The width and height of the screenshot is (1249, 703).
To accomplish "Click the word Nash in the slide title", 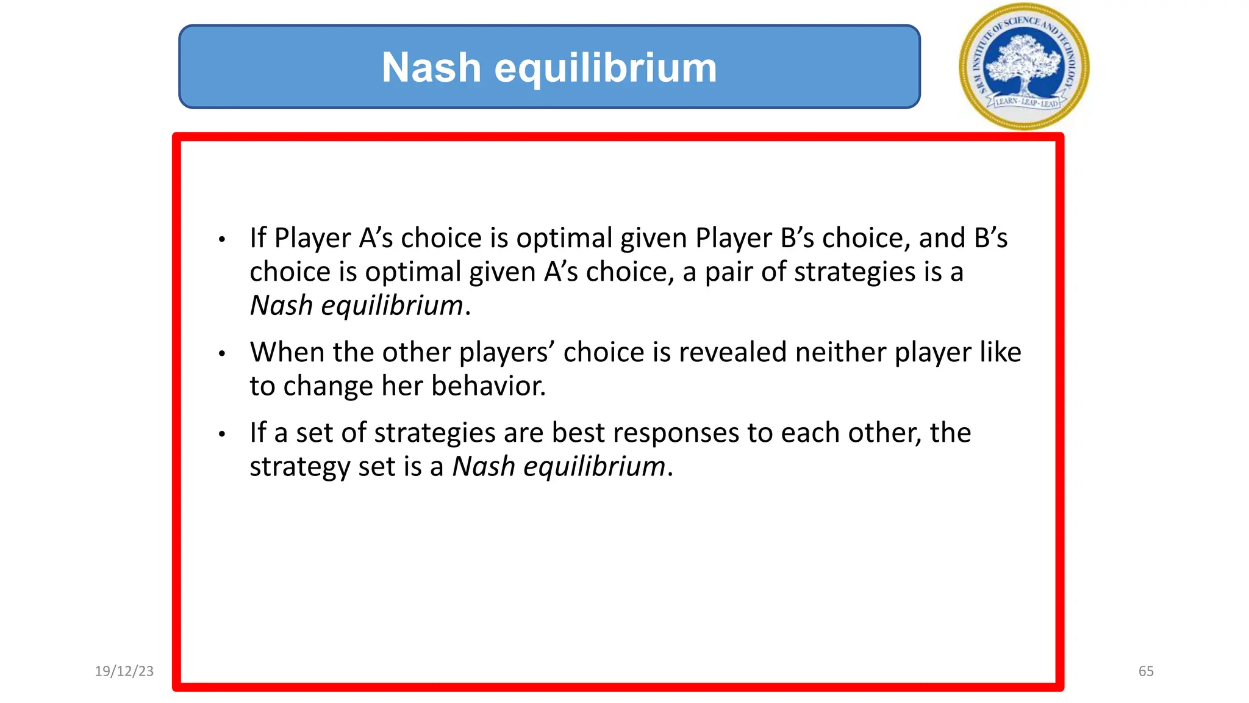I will (431, 67).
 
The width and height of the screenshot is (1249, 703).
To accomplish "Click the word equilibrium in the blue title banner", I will (606, 68).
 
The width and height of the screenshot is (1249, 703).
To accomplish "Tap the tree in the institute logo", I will (1024, 61).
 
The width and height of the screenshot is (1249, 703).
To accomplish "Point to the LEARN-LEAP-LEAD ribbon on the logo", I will (1026, 103).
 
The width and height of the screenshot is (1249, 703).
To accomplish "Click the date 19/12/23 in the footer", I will (124, 671).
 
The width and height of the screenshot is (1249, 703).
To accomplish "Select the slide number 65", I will (1146, 671).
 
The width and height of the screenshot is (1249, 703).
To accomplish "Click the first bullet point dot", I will (222, 239).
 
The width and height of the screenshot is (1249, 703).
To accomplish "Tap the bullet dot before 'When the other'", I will (222, 353).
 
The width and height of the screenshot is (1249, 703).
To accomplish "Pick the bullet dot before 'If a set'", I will (222, 434).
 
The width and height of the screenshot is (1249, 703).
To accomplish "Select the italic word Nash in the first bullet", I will (281, 306).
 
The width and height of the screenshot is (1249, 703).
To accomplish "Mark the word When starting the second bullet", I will (287, 352).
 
